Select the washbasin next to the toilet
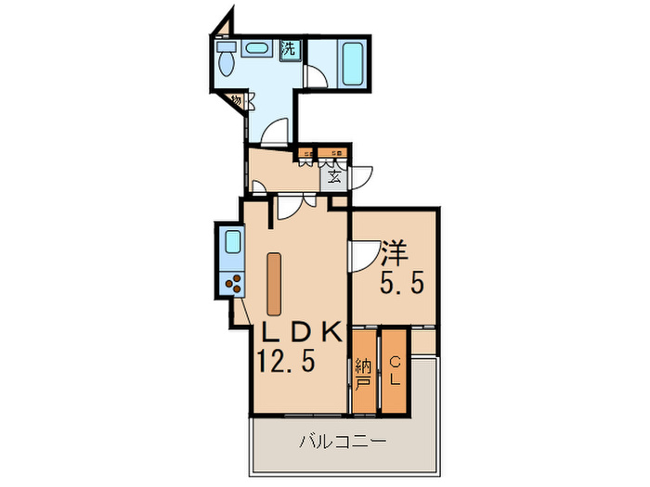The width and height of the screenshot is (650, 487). (x=254, y=50)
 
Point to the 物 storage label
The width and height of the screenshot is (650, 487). (x=237, y=99)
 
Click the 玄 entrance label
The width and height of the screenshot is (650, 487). (x=331, y=174)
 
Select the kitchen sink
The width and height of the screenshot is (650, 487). (x=232, y=244)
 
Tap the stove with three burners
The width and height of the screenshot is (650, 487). (x=233, y=282)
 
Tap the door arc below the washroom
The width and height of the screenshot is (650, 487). (x=277, y=135)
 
